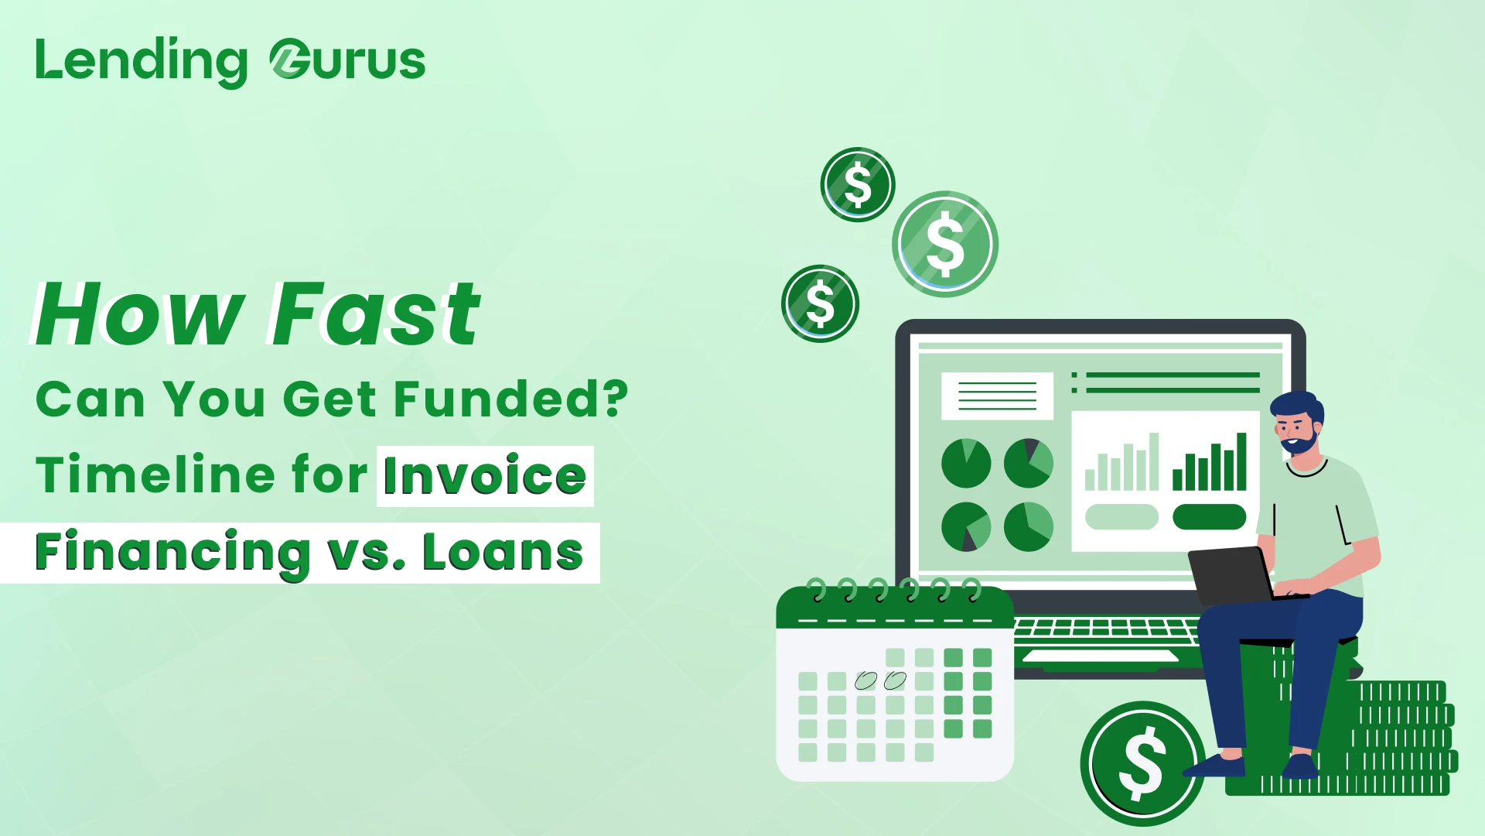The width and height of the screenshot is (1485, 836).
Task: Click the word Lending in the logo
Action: tap(142, 62)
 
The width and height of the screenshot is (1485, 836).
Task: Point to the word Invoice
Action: tap(485, 475)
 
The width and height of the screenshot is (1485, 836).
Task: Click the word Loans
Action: tap(503, 552)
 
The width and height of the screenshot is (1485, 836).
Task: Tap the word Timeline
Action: tap(155, 474)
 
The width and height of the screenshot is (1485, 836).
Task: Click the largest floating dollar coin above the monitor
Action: tap(945, 244)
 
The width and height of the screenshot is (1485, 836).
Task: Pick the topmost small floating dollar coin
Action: tap(858, 184)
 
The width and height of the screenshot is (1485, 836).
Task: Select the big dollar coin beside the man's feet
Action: tap(1142, 764)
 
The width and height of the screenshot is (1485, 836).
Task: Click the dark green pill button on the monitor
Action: tap(1209, 517)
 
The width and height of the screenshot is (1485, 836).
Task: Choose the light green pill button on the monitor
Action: tap(1121, 517)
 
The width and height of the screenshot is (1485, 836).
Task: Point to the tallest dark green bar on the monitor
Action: tap(1241, 461)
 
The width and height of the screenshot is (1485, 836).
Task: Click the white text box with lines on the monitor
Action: tap(997, 396)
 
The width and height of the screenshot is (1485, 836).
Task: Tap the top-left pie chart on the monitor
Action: tap(966, 463)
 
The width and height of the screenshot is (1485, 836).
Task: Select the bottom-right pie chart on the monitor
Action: tap(1029, 526)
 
